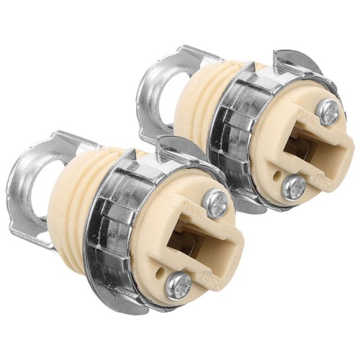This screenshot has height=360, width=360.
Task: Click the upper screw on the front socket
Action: (217, 204)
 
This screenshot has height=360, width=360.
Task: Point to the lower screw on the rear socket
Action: (294, 186)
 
